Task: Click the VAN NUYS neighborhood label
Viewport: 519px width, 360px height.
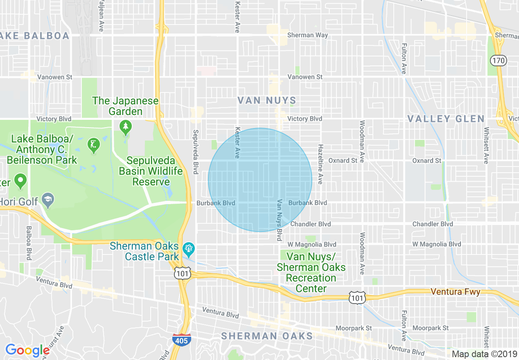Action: (267, 100)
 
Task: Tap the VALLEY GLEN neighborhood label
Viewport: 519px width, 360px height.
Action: (446, 119)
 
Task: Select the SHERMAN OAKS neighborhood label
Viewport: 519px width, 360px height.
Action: (267, 336)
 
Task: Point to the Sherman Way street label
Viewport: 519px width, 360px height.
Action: (307, 35)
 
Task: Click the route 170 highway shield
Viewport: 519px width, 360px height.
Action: (498, 61)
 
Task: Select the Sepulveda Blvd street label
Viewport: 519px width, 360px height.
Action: (196, 152)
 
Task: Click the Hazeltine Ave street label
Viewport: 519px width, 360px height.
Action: (320, 164)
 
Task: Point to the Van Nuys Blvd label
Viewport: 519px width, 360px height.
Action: (280, 220)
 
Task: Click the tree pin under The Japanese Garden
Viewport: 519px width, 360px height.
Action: (126, 127)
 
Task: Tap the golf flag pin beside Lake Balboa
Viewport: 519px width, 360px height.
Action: (94, 145)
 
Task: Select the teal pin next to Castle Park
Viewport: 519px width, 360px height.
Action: (189, 248)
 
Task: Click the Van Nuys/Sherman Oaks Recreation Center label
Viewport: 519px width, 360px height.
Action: (311, 272)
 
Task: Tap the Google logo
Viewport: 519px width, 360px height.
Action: (28, 350)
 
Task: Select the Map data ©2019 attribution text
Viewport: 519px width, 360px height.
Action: (484, 354)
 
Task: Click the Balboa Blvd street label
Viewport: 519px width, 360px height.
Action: (29, 243)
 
